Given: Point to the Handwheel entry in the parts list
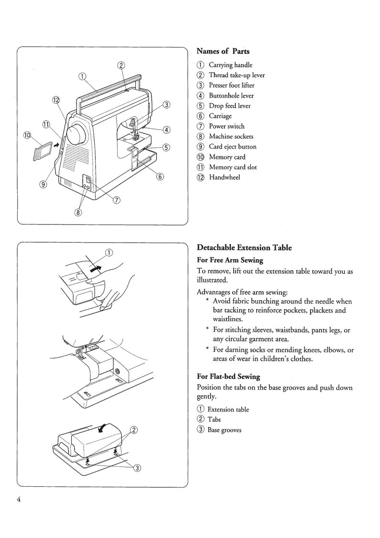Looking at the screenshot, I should pos(224,178).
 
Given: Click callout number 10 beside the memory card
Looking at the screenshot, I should pos(27,135).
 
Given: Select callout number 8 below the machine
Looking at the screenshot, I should pos(78,213).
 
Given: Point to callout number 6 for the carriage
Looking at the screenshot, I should pos(160,177).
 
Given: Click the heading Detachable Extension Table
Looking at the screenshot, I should pos(244,248).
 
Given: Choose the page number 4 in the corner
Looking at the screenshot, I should pos(18,500).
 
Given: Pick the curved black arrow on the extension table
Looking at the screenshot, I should pos(103,429).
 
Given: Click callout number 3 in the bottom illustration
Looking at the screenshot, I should pos(138,468).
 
